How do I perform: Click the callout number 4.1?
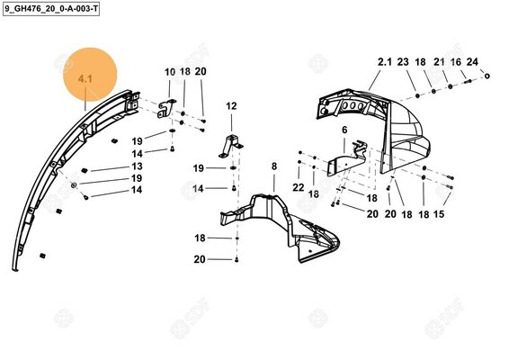[x=86, y=80]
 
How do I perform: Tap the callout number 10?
[x=170, y=72]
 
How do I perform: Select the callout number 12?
[x=231, y=106]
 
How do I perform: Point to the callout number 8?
[x=273, y=166]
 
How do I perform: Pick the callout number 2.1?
[x=384, y=62]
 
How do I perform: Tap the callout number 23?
[x=402, y=62]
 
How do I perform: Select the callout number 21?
[x=439, y=62]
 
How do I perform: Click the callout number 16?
[x=456, y=62]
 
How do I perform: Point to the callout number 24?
[x=473, y=62]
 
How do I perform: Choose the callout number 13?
[x=137, y=166]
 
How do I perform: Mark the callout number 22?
[x=299, y=186]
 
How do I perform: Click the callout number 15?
[x=440, y=214]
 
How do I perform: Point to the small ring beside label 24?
[x=487, y=76]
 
